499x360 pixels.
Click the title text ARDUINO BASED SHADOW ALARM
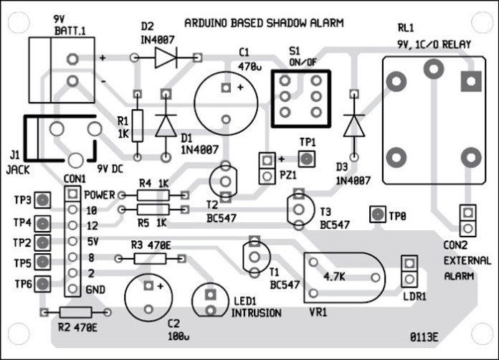pos(264,23)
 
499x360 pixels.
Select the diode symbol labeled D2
pos(166,58)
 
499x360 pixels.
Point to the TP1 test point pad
pos(306,158)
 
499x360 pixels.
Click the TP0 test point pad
pos(376,214)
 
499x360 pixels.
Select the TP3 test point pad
pos(44,200)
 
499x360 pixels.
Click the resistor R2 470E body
pos(75,313)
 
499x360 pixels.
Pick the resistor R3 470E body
pos(151,256)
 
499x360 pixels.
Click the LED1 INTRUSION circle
pos(210,301)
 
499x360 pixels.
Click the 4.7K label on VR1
pos(336,275)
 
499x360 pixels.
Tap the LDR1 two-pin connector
pos(409,271)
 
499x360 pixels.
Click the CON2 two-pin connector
pos(467,220)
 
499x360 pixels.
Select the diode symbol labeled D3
pos(353,126)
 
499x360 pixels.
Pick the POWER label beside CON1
pos(100,194)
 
